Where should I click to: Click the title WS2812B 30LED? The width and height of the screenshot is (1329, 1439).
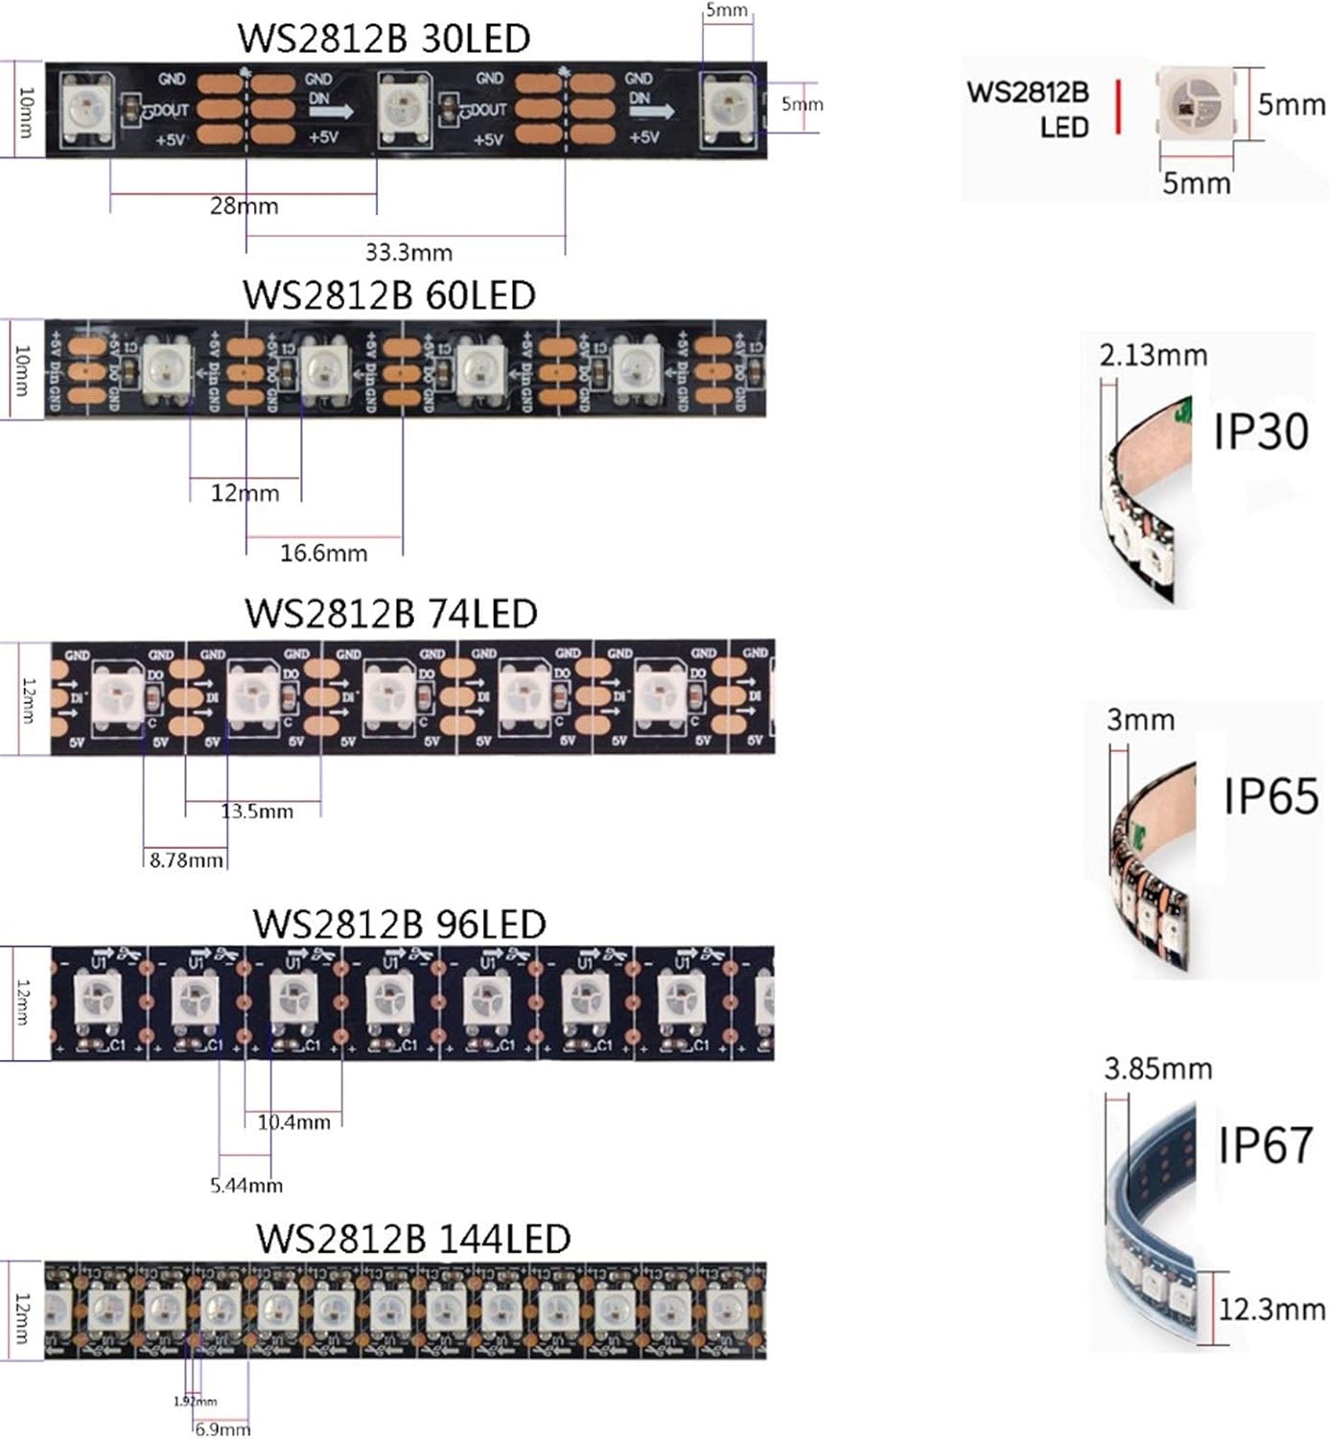384,38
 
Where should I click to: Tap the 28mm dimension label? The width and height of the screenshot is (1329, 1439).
244,205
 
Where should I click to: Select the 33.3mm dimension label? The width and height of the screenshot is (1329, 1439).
408,252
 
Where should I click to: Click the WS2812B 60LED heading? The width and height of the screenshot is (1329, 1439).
388,295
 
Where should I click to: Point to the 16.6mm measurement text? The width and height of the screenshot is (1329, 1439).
323,553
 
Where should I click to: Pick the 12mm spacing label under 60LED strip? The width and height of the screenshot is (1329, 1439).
245,493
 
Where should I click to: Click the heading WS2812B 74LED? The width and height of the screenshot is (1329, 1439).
390,613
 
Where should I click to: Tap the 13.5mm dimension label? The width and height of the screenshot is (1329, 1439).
257,812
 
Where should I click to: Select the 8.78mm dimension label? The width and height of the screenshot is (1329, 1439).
186,861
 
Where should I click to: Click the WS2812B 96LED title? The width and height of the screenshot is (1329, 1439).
399,924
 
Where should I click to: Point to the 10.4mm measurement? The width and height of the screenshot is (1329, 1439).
293,1121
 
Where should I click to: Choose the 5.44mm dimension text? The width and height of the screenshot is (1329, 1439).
246,1186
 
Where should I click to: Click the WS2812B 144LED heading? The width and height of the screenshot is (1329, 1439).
412,1238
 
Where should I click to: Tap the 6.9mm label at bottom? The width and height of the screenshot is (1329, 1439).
222,1429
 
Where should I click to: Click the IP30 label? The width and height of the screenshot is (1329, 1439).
1260,431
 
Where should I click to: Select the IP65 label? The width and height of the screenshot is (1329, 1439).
1271,796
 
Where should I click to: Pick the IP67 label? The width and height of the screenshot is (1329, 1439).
1265,1144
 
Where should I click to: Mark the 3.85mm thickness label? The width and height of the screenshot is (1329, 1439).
1157,1068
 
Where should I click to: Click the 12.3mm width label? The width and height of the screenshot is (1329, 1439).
1271,1309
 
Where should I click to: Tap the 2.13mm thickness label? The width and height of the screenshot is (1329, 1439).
1153,355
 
